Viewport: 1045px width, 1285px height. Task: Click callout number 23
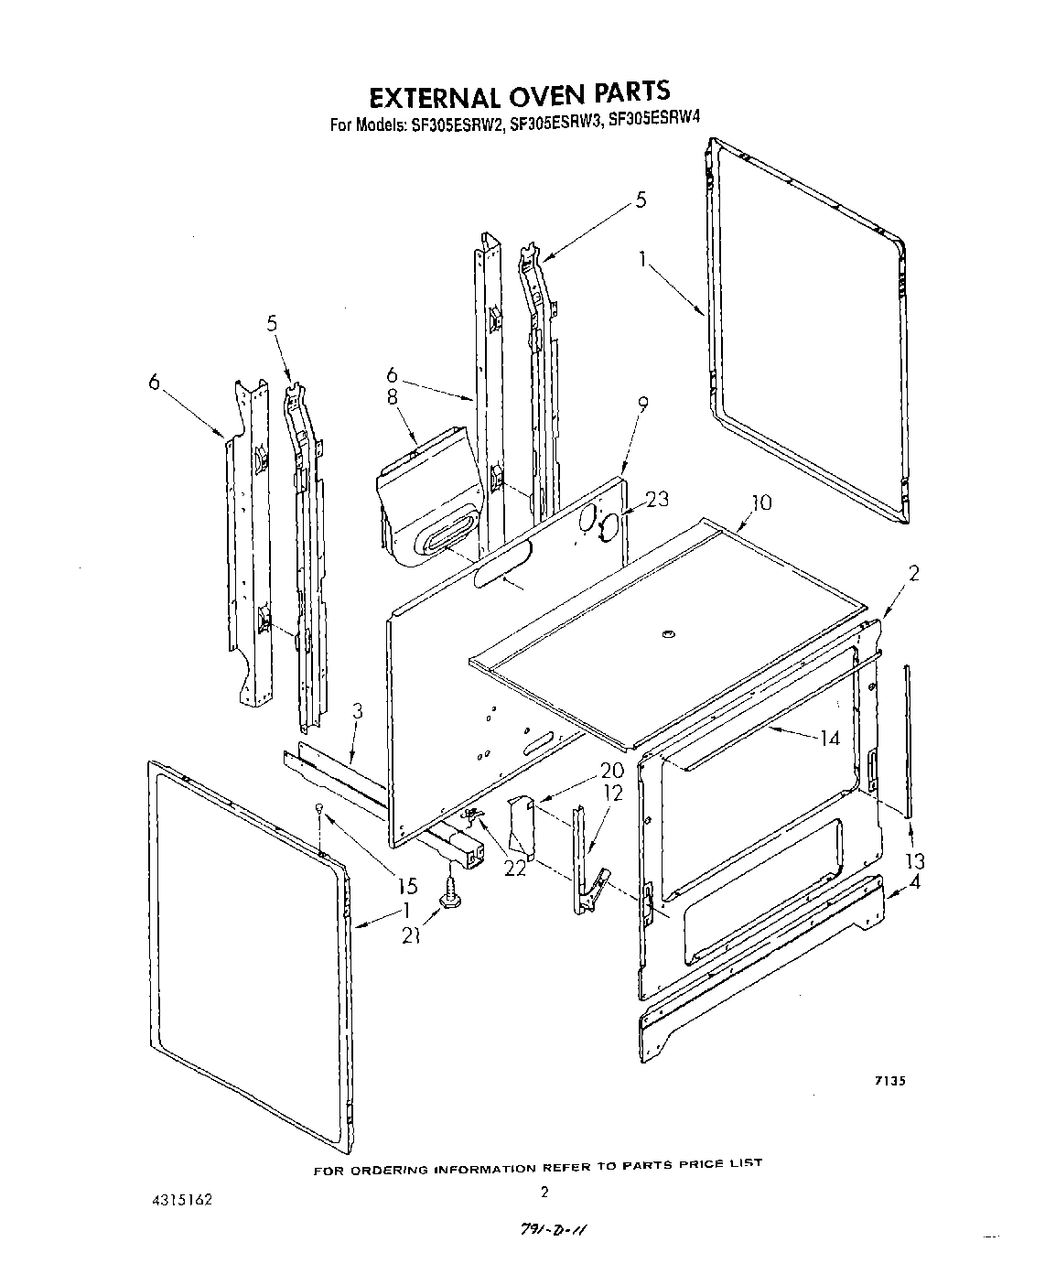657,499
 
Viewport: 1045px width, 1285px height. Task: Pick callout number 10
760,502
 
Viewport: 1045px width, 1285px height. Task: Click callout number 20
611,771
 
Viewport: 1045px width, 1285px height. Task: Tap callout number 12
612,793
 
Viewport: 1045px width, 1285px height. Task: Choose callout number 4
914,883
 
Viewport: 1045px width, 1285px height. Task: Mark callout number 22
515,866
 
